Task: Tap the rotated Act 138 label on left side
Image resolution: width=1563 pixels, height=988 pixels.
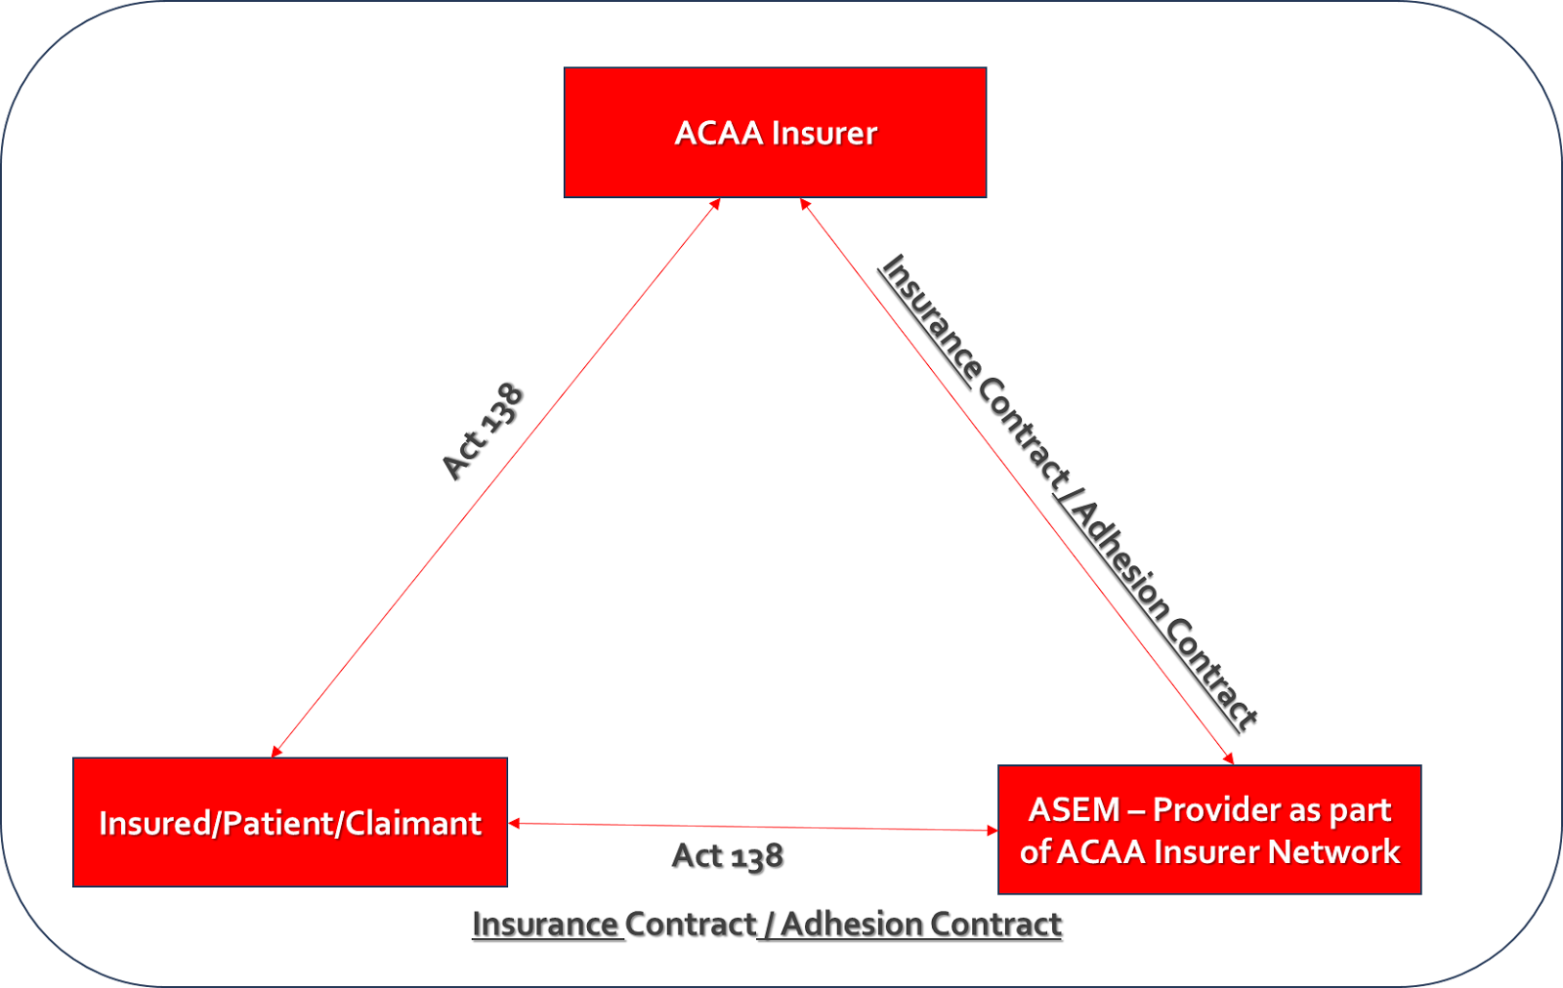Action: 483,432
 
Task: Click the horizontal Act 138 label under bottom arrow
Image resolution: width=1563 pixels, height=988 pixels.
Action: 728,856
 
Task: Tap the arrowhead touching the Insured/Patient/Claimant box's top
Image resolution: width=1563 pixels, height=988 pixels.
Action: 276,751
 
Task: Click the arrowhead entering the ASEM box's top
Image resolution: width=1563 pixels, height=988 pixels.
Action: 1229,759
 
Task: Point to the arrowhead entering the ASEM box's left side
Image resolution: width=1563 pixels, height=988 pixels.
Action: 992,831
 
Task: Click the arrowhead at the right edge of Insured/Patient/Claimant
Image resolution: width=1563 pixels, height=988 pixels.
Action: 514,824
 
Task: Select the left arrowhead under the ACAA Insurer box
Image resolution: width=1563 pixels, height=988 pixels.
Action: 715,204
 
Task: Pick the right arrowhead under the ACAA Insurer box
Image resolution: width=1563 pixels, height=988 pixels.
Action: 805,204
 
